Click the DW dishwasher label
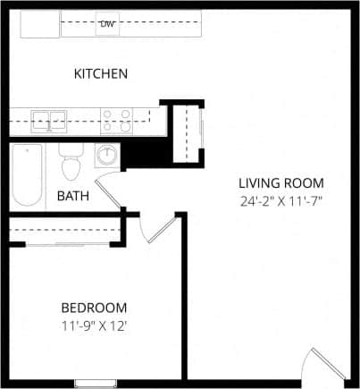pyautogui.click(x=108, y=24)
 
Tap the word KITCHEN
pyautogui.click(x=101, y=73)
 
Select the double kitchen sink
pyautogui.click(x=50, y=119)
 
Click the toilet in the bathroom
pyautogui.click(x=71, y=164)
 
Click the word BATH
pyautogui.click(x=73, y=195)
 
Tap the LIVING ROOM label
pyautogui.click(x=279, y=182)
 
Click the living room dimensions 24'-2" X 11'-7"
pyautogui.click(x=279, y=200)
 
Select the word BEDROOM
pyautogui.click(x=94, y=308)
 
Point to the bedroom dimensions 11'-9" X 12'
pyautogui.click(x=94, y=326)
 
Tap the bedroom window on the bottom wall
pyautogui.click(x=96, y=384)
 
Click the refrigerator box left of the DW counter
pyautogui.click(x=40, y=24)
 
